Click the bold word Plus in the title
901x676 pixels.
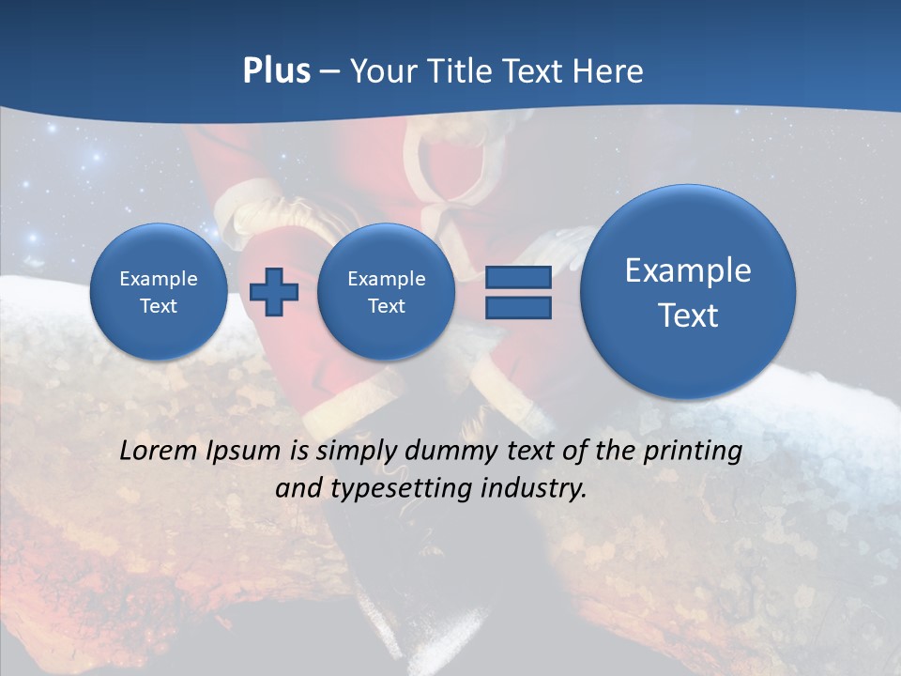[x=276, y=70]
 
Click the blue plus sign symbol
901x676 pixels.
[x=274, y=291]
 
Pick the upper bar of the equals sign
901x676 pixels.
[x=518, y=277]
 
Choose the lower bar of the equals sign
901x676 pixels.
[x=518, y=307]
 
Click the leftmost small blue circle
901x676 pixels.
[x=159, y=291]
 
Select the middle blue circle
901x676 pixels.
[x=386, y=291]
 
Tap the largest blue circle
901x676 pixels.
[x=688, y=291]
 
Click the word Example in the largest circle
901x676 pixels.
[x=688, y=270]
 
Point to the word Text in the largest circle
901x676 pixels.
[x=688, y=315]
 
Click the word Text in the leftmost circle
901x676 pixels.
[x=159, y=306]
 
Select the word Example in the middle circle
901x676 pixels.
[x=386, y=279]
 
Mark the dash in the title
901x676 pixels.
[x=329, y=72]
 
